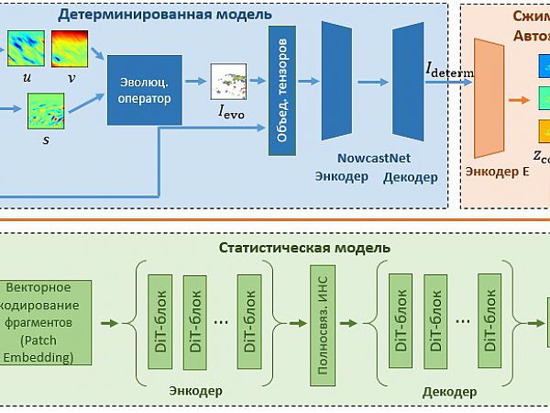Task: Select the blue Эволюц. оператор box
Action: [145, 89]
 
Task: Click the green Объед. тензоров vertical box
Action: [280, 89]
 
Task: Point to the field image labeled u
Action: [26, 49]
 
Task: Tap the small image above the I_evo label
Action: [228, 81]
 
